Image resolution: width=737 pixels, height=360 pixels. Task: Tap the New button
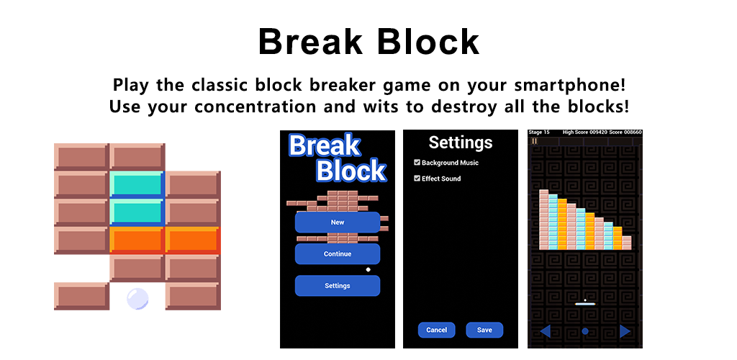337,222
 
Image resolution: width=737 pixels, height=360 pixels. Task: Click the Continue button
337,253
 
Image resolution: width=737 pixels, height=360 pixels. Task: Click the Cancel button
436,330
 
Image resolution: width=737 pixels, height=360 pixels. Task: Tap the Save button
484,330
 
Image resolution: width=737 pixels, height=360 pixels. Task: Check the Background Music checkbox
417,163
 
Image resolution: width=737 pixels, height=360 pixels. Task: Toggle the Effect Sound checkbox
417,179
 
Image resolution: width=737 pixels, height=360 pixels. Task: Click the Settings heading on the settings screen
460,143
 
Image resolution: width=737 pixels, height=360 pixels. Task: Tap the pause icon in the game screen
535,140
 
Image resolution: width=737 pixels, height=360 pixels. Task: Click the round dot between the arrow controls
584,331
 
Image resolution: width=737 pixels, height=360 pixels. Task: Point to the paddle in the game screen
584,304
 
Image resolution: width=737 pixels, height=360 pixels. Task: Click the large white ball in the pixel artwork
137,299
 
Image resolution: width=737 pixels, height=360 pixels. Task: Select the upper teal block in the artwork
137,184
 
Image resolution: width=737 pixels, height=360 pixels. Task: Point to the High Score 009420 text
584,132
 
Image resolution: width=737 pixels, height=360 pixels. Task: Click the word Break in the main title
310,42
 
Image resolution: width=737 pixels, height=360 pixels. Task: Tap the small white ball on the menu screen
368,270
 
